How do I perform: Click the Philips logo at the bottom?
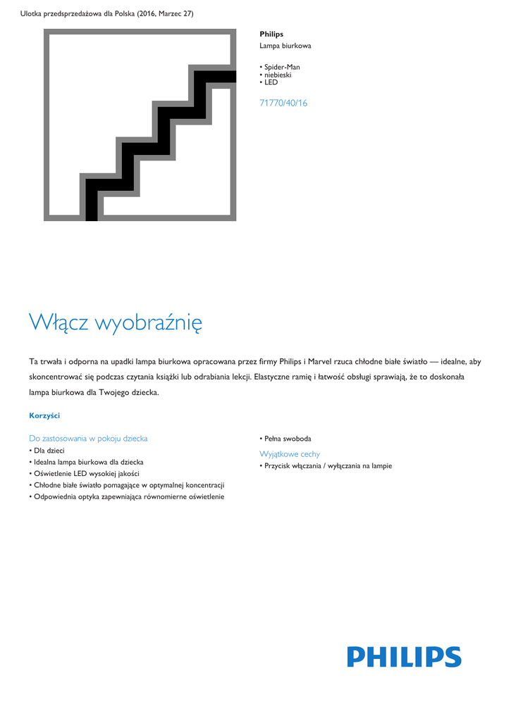click(404, 657)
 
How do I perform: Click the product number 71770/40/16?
click(283, 103)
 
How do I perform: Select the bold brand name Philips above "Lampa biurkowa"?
click(271, 34)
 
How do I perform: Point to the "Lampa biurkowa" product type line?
click(285, 46)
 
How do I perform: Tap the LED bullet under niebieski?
click(271, 82)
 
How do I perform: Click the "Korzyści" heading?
click(44, 415)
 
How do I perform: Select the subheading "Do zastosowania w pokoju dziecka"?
click(88, 438)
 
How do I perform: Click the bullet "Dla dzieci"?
click(49, 450)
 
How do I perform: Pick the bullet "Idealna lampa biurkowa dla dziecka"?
click(88, 462)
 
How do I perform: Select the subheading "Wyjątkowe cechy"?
click(290, 454)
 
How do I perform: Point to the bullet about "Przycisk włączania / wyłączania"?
click(328, 466)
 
